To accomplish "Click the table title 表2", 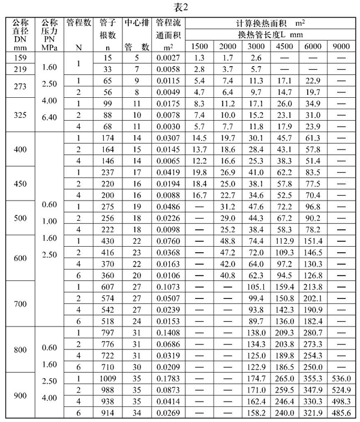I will point(180,7).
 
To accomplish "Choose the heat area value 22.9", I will point(313,80).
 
